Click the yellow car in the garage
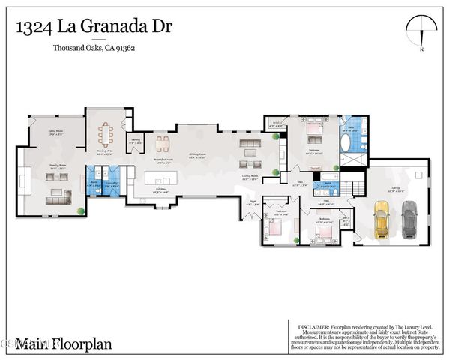[x=381, y=223]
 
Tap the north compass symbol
[x=422, y=31]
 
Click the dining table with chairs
[x=106, y=134]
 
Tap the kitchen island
[x=163, y=178]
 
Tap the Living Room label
[x=250, y=178]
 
